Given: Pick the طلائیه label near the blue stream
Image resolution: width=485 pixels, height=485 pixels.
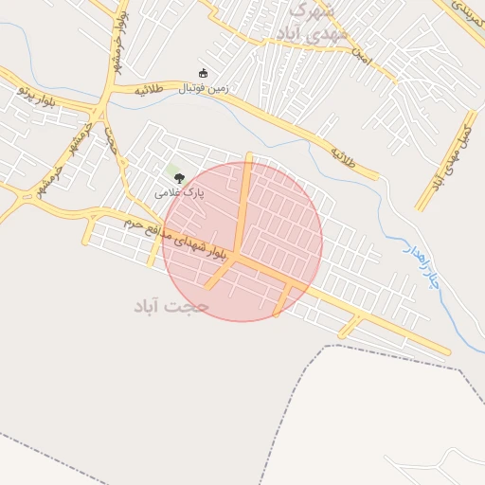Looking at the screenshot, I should click(342, 155).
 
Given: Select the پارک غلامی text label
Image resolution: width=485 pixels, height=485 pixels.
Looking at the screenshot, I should click(180, 192).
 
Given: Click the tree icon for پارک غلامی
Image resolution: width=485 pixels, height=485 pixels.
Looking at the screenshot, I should click(179, 178).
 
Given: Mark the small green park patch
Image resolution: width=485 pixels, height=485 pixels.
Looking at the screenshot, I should click(173, 171).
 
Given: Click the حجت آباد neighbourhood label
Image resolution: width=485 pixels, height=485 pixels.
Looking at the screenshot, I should click(171, 306).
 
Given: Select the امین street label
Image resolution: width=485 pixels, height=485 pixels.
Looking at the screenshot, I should click(359, 57).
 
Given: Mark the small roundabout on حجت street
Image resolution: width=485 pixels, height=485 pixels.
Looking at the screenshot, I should click(123, 161).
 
